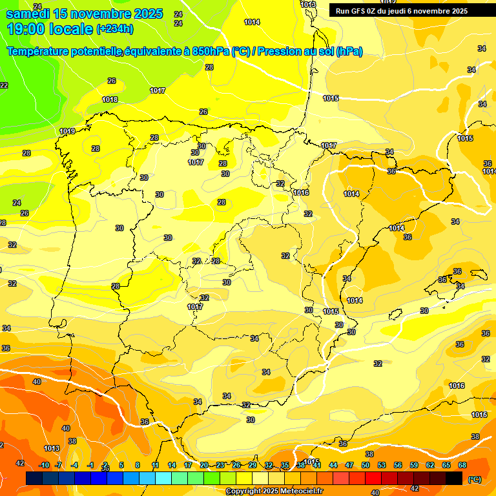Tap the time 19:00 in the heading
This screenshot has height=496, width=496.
[27, 28]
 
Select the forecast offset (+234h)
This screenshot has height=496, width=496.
[115, 29]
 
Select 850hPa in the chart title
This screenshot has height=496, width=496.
[210, 52]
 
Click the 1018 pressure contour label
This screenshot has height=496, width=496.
[110, 99]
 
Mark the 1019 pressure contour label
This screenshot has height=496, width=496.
[67, 131]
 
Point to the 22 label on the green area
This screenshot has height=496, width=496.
[4, 85]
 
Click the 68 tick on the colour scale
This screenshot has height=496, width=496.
[462, 465]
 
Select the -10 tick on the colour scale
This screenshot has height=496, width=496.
[44, 465]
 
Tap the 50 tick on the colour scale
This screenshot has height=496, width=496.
[366, 465]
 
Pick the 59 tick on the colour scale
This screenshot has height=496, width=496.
[414, 465]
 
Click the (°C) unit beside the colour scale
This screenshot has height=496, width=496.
[475, 479]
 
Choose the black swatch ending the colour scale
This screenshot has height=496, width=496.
[454, 478]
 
